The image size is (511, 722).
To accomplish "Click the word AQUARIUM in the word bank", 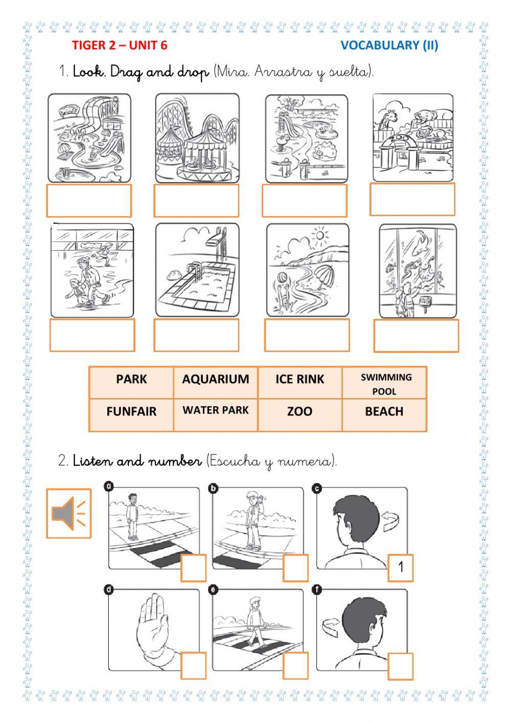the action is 215,379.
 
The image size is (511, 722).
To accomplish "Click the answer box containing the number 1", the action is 401,568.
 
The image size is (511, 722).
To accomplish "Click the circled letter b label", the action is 213,488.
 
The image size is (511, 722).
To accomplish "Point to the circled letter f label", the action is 317,590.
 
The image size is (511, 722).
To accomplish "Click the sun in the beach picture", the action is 319,235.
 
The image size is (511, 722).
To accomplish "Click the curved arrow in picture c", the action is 391,522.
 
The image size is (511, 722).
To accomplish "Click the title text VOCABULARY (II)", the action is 389,45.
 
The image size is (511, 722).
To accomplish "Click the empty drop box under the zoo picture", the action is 412,199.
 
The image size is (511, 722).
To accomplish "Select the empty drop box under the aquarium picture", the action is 416,336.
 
